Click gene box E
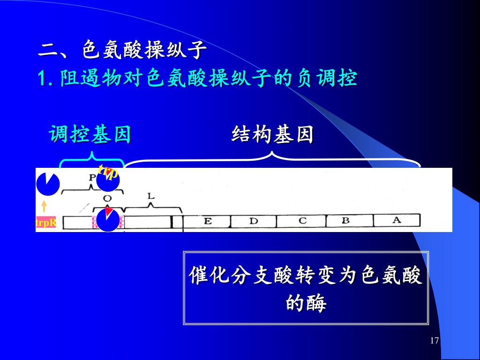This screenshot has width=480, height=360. tap(207, 221)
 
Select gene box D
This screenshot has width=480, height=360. tap(253, 221)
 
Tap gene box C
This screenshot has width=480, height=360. tap(302, 221)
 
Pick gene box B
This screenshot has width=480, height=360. tap(349, 221)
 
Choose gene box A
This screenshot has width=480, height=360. tap(397, 220)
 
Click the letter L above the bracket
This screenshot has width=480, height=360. tap(151, 196)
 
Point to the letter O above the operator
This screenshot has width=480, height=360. tap(107, 199)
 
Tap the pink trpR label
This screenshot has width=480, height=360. tap(46, 223)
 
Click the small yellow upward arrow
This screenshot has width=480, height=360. tap(44, 206)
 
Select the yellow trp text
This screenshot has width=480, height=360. tap(108, 172)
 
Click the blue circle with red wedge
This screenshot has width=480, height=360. tap(108, 220)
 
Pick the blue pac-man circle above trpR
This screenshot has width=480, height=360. tap(48, 183)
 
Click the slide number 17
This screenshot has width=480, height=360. tap(434, 340)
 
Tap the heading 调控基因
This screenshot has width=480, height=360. tap(90, 135)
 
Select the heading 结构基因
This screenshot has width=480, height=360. tap(272, 135)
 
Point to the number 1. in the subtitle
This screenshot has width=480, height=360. tap(45, 78)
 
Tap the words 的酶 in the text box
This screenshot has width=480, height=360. tap(306, 303)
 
